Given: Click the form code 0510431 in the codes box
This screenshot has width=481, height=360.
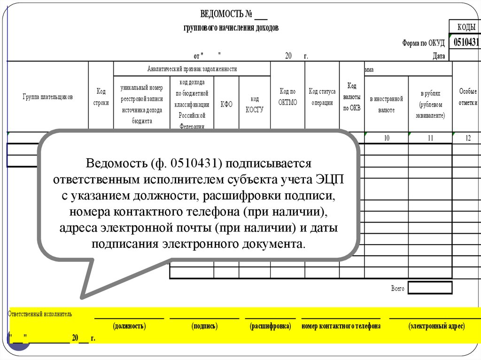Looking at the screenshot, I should coord(466,42).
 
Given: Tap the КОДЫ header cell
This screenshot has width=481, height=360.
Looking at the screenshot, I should coord(466,26).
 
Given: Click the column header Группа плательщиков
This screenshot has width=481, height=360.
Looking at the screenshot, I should coord(47,97).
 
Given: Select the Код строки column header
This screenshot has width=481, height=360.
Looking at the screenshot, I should coord(101,97).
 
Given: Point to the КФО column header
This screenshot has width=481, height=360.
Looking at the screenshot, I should coord(226,104).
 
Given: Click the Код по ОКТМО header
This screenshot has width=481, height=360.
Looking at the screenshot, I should coord(288,97).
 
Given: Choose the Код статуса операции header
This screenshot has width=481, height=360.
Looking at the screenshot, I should coord(322,97).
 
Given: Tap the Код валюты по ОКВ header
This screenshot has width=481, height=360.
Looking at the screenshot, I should coord(352,97).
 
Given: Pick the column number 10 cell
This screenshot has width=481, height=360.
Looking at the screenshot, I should coord(386,138).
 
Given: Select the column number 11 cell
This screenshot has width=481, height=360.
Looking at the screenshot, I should coord(430,138).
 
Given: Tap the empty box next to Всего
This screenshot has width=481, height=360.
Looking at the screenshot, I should coord(430,288).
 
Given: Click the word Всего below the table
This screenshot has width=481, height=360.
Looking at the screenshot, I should coord(397,288).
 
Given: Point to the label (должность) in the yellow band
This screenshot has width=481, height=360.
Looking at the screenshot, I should coord(129,326).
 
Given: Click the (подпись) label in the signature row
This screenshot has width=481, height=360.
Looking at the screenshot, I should coord(204,326).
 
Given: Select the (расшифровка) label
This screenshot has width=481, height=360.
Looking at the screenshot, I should coord(270,326).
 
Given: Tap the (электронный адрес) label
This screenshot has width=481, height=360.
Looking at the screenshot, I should coord(436,326).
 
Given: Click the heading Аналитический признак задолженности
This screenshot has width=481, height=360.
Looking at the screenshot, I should coord(192,69).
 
